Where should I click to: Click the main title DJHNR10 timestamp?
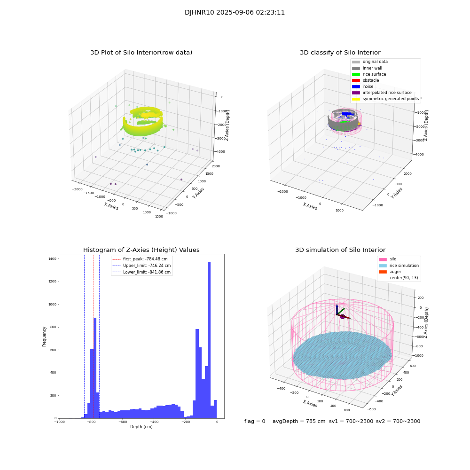coord(235,13)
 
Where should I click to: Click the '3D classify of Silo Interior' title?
coord(340,53)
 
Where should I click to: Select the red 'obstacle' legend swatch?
coord(356,80)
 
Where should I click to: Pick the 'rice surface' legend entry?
coord(374,74)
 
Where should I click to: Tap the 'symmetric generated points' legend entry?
coord(390,99)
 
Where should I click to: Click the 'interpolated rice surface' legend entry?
coord(387,93)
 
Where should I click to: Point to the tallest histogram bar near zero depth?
coord(209,338)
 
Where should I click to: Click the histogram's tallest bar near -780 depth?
coord(95,367)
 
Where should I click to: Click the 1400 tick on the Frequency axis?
coord(52,259)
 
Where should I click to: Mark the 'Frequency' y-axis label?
coord(45,337)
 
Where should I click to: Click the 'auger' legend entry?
coord(395,272)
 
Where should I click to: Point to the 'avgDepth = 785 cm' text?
coord(299,421)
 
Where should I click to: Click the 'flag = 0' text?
coord(255,421)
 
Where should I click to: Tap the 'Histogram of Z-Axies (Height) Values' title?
coord(141,250)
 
